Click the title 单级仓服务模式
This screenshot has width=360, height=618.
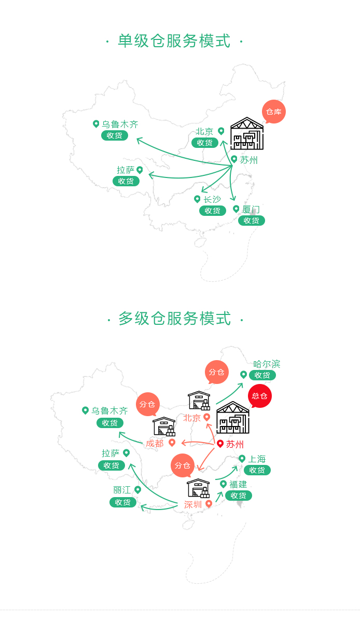click(x=174, y=41)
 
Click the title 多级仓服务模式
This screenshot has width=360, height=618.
click(x=174, y=319)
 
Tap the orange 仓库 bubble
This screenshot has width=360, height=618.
click(x=273, y=112)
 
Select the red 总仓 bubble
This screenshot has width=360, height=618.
click(x=259, y=396)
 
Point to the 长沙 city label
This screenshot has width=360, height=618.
click(x=212, y=199)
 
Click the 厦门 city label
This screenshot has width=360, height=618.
click(x=251, y=209)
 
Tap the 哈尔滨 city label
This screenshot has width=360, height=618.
click(x=267, y=364)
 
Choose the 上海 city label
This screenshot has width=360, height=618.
click(x=257, y=459)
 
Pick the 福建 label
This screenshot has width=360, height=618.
click(x=238, y=484)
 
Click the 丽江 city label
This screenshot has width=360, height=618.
click(x=122, y=490)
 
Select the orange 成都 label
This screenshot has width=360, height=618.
click(x=155, y=443)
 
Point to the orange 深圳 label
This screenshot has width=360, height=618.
click(x=193, y=504)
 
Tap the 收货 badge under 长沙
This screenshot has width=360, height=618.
click(x=213, y=211)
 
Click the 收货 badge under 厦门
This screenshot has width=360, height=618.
click(x=252, y=221)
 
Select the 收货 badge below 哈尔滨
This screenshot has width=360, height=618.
click(x=262, y=375)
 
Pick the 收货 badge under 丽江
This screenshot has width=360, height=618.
click(x=123, y=502)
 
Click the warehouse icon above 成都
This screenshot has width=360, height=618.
click(x=164, y=427)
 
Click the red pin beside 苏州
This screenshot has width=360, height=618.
click(x=220, y=444)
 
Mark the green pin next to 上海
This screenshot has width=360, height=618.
click(x=242, y=459)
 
